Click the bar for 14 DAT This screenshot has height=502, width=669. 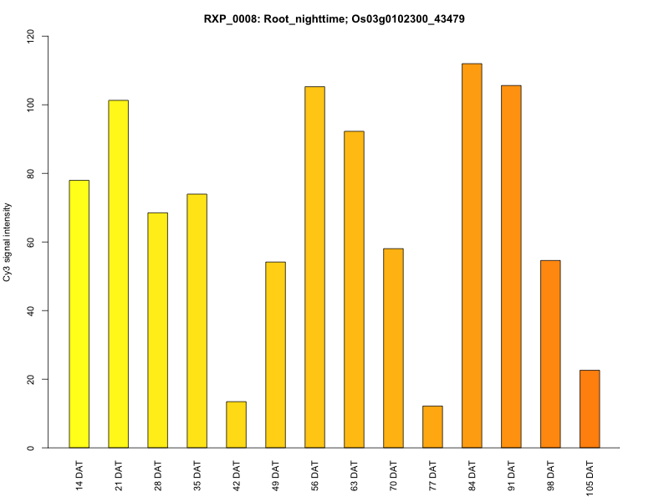click(x=79, y=314)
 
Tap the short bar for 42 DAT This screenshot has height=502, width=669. click(x=236, y=425)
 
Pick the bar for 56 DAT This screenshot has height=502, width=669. click(x=314, y=267)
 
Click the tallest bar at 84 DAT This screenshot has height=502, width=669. click(x=472, y=255)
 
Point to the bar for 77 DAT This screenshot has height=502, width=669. click(x=432, y=427)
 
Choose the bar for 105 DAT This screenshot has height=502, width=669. click(x=590, y=409)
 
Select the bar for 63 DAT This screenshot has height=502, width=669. click(x=354, y=289)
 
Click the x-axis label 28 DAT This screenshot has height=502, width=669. click(x=158, y=474)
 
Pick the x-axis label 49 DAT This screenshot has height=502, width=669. click(x=276, y=474)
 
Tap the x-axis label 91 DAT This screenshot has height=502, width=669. click(x=512, y=474)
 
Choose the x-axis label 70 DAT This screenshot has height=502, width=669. click(x=394, y=474)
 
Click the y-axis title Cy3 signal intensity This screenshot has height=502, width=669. click(x=8, y=242)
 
